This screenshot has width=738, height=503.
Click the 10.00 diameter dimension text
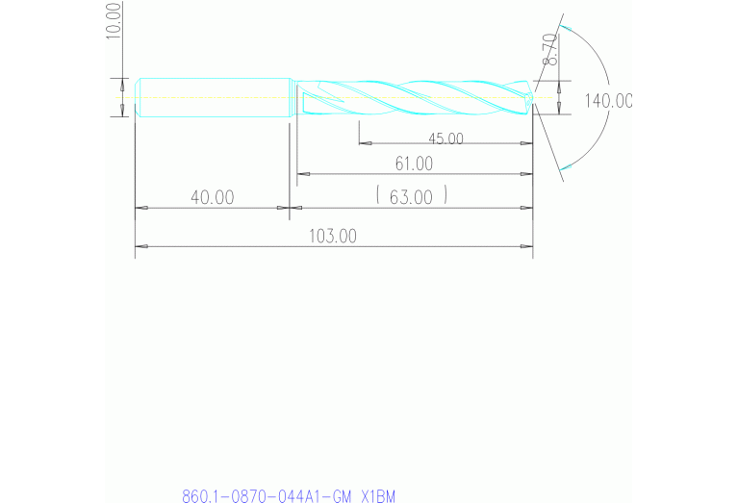[x=115, y=19]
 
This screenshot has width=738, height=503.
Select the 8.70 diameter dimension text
[x=549, y=49]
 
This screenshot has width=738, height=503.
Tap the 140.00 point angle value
[x=608, y=101]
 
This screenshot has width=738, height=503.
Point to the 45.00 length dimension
[x=445, y=138]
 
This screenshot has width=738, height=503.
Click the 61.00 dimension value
[x=413, y=164]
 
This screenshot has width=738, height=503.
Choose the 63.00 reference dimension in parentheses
[x=412, y=197]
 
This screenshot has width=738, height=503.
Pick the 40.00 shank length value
[x=212, y=197]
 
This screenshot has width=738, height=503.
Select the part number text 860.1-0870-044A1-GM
[x=266, y=496]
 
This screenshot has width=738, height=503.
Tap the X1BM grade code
[x=377, y=496]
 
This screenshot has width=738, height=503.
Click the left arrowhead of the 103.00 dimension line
[x=140, y=246]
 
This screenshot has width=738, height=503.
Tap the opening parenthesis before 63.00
[x=379, y=197]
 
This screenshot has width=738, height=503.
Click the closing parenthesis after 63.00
[x=446, y=197]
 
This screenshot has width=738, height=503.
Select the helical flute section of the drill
[x=414, y=97]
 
